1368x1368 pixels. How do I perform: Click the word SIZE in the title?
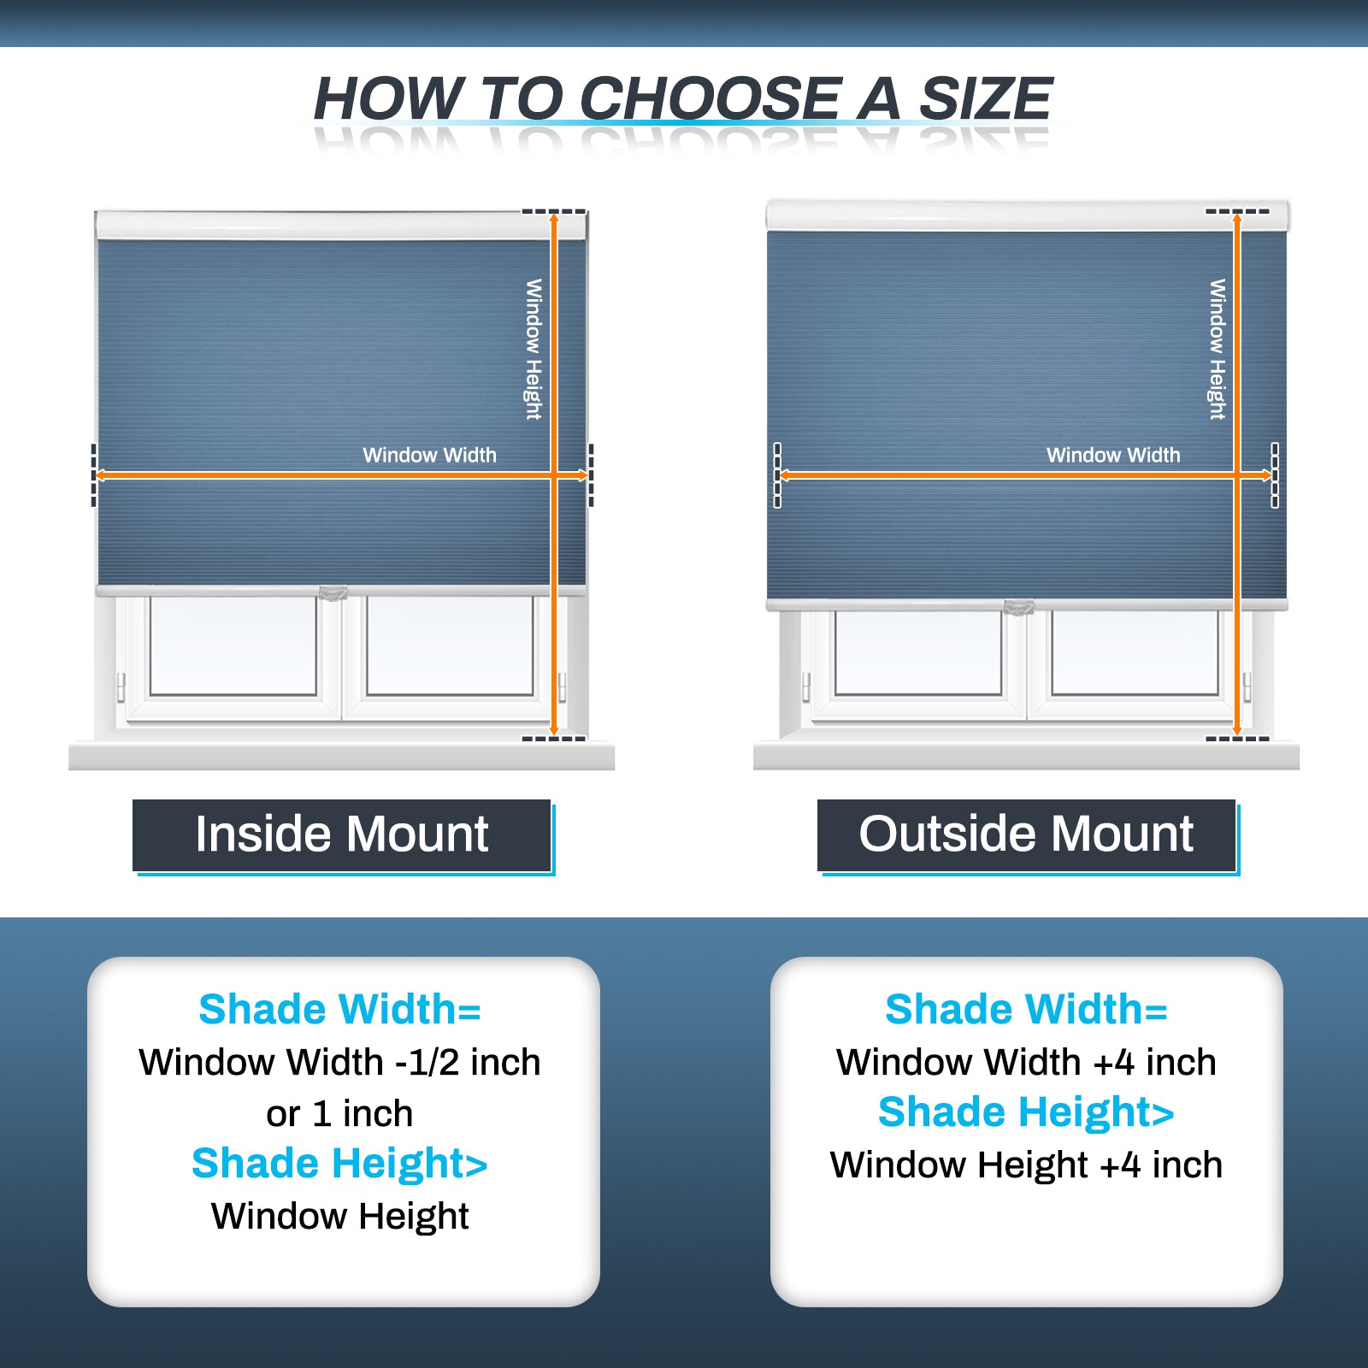(985, 98)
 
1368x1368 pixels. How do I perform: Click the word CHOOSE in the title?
(711, 98)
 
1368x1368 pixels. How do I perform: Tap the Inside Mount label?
(342, 834)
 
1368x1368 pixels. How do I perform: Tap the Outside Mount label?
(1026, 834)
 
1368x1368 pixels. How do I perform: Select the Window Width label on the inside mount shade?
(429, 455)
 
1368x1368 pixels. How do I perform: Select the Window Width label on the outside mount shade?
(1113, 455)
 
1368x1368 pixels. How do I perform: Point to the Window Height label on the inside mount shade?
(534, 349)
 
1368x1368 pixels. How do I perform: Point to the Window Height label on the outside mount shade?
(1218, 349)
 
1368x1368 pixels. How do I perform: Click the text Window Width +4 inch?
(1026, 1063)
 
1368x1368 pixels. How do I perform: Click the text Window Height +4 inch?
(1026, 1165)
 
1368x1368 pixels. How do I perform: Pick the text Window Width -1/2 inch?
(339, 1063)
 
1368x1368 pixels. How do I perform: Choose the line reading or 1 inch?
(339, 1114)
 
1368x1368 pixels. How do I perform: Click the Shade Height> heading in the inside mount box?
(339, 1164)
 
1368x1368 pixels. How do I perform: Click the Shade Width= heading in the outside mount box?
(1026, 1010)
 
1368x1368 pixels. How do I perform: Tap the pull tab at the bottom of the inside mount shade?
(333, 593)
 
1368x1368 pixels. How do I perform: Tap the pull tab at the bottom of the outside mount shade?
(1018, 607)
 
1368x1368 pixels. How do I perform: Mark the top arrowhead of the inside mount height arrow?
(554, 219)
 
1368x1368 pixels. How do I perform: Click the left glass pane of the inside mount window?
(233, 646)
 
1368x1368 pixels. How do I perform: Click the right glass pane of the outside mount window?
(1135, 652)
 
